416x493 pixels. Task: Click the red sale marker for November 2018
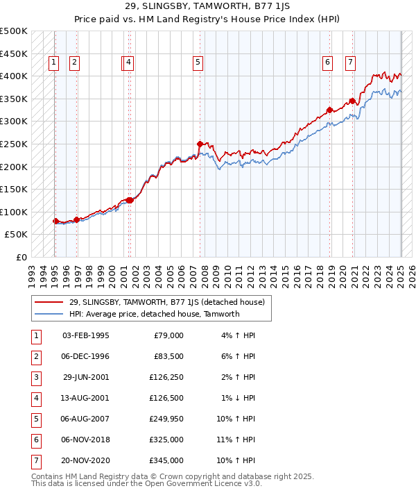click(x=329, y=110)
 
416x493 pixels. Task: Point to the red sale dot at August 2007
click(x=200, y=144)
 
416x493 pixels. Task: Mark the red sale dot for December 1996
click(x=76, y=219)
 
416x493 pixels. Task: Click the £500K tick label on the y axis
click(x=14, y=31)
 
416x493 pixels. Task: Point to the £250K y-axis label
click(x=14, y=144)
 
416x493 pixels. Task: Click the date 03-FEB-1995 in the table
click(x=86, y=335)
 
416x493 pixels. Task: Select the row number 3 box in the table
click(x=35, y=378)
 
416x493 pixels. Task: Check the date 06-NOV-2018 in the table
click(x=86, y=440)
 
